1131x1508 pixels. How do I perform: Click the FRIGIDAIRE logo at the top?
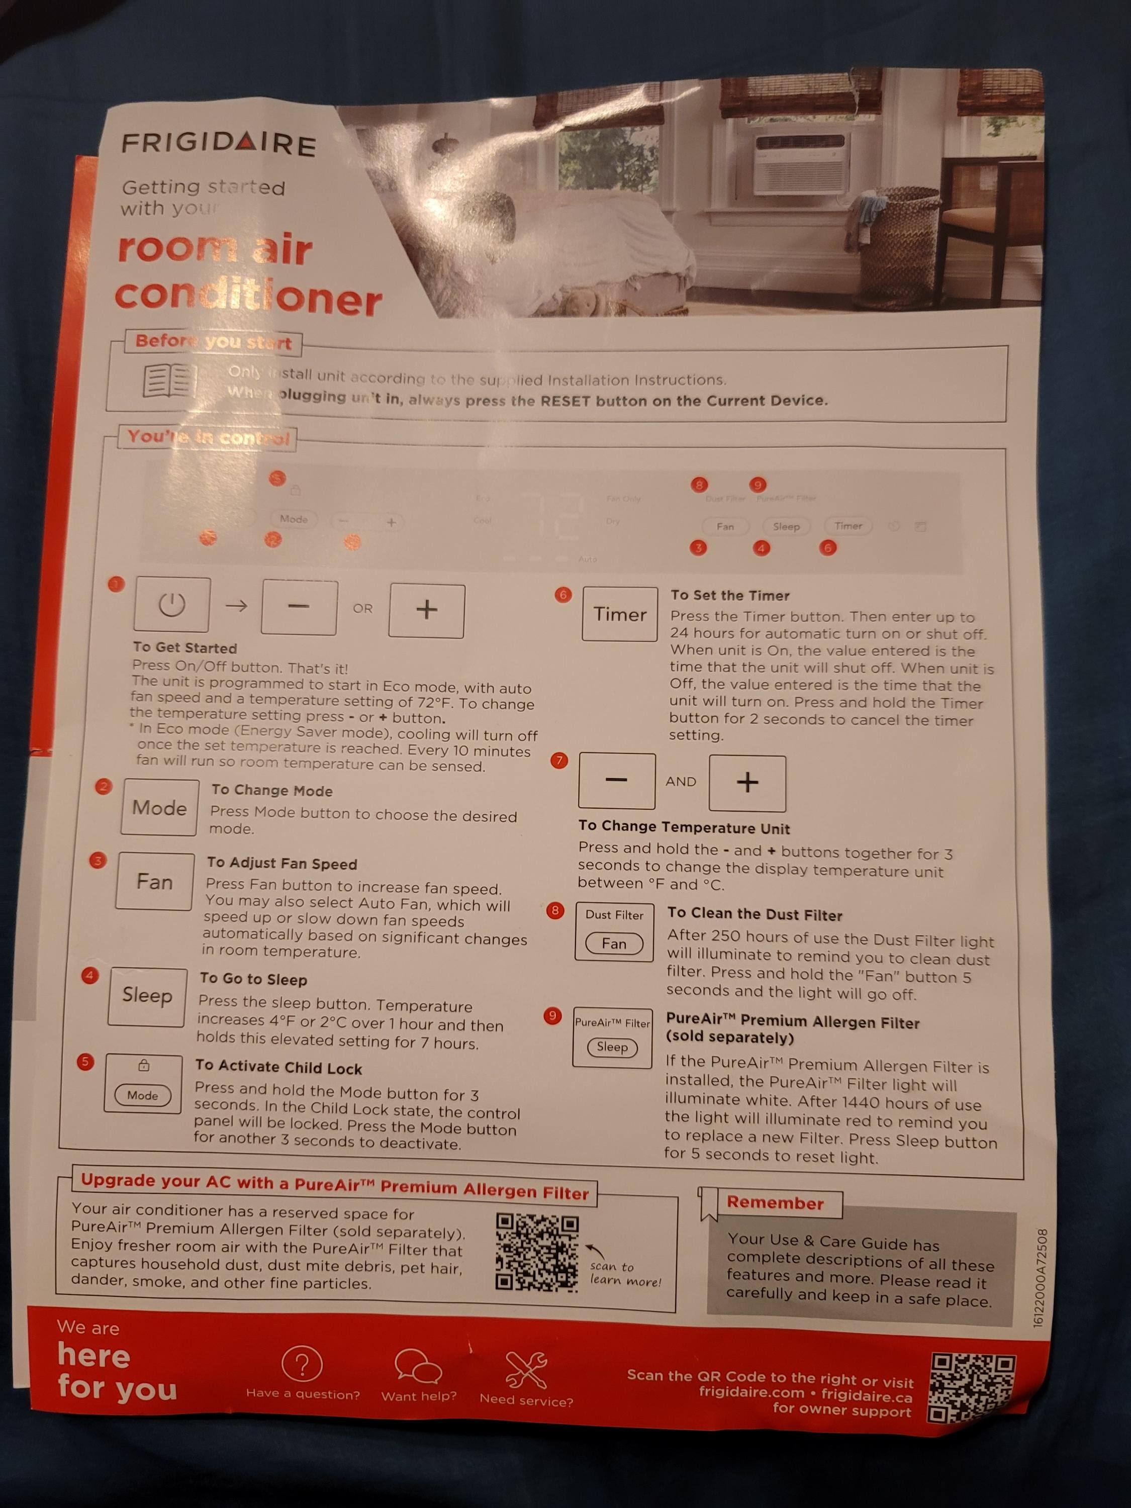tap(219, 144)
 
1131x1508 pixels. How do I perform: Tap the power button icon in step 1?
tap(172, 605)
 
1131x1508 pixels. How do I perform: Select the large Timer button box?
tap(619, 614)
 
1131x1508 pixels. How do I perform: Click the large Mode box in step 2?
tap(159, 808)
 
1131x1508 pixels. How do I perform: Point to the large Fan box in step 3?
tap(155, 882)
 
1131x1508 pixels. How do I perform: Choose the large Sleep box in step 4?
tap(147, 995)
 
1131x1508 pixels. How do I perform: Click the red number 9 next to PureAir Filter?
tap(552, 1016)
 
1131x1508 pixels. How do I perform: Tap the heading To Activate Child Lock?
tap(278, 1067)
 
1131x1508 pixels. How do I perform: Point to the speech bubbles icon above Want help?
tap(418, 1366)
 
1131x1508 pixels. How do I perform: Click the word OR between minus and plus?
tap(363, 608)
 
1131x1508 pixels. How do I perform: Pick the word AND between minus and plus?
tap(681, 781)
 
